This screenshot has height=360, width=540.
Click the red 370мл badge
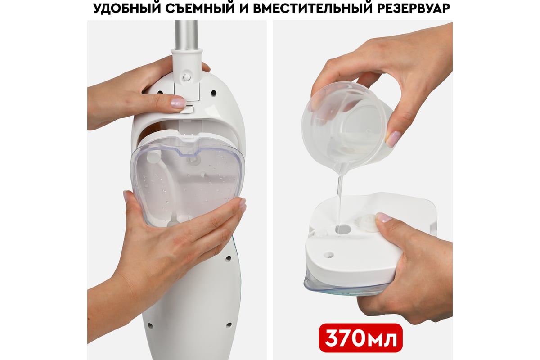(x=360, y=338)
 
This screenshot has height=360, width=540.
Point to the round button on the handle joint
(x=187, y=77)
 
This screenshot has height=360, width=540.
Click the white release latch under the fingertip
(x=188, y=109)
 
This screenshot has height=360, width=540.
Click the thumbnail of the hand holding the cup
(x=392, y=139)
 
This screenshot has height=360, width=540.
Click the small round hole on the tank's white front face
(x=329, y=254)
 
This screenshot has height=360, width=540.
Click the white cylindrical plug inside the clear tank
(x=153, y=157)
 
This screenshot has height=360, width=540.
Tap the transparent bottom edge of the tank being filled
(x=342, y=288)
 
